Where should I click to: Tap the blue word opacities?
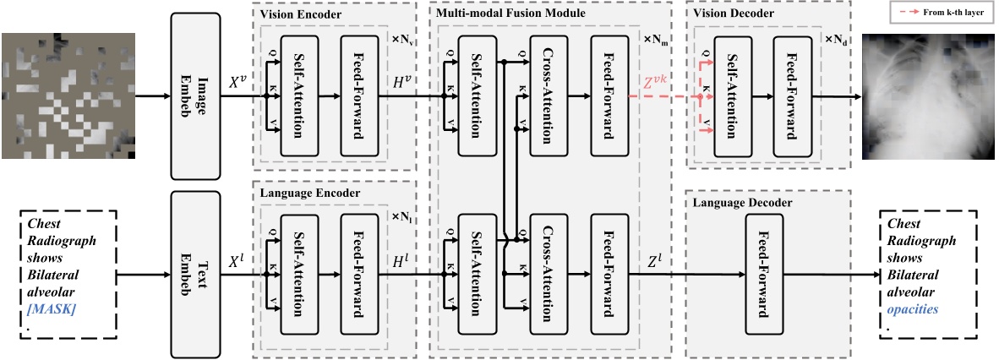[x=914, y=309]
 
